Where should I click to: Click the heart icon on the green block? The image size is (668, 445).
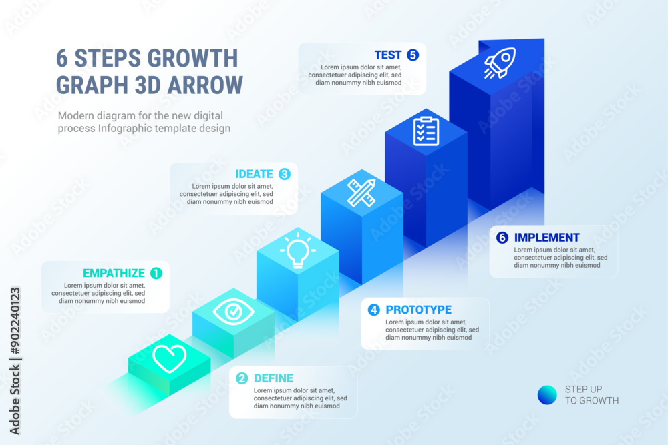[169, 358]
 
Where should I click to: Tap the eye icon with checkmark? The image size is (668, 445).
[233, 311]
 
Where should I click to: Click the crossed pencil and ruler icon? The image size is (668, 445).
[361, 192]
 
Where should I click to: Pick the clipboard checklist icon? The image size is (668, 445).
[426, 131]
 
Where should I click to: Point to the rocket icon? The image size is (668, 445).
[498, 64]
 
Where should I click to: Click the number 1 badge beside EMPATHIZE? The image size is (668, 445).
[156, 273]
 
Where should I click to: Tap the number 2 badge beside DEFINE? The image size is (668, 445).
[242, 378]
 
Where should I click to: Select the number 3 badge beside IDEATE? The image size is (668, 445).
[285, 174]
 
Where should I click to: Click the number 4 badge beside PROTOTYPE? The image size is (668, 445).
[374, 310]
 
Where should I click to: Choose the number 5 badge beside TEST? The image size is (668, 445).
[413, 55]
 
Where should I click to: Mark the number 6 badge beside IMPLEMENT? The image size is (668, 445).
[502, 237]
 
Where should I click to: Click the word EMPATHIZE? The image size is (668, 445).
[114, 273]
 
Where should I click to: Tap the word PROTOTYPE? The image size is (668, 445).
[419, 310]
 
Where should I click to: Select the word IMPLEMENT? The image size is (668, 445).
[547, 237]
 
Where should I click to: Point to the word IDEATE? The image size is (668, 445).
[254, 174]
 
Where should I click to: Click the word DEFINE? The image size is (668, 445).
[274, 378]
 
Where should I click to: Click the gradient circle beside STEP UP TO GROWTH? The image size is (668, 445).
[547, 395]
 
